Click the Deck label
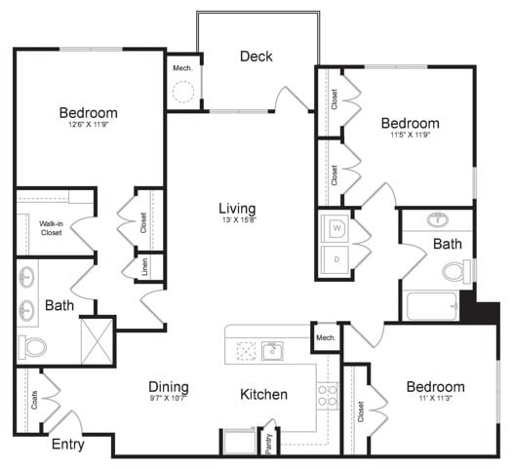(x=256, y=57)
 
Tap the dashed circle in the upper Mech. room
(x=182, y=93)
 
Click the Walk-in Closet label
(x=52, y=228)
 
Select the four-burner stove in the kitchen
(x=327, y=394)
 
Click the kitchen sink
(x=272, y=350)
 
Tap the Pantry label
(x=268, y=442)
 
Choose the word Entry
(x=67, y=445)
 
